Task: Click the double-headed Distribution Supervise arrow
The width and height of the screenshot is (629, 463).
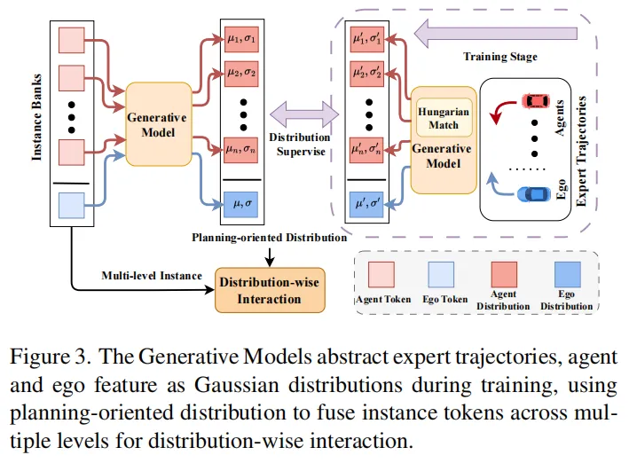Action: point(304,114)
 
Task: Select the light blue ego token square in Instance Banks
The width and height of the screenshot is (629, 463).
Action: point(70,206)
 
